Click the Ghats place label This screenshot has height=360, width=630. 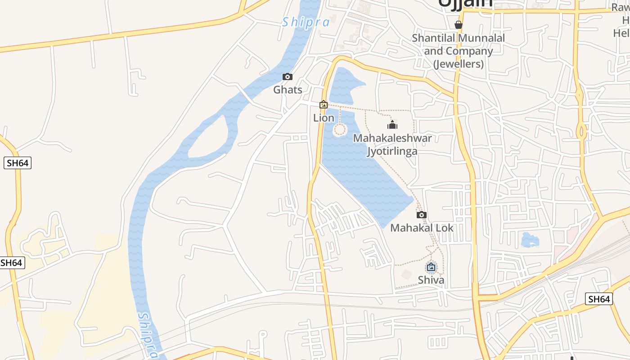pos(288,90)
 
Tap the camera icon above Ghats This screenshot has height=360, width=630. pos(288,77)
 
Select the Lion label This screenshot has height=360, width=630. pos(324,118)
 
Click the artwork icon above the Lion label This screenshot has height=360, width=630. pos(324,105)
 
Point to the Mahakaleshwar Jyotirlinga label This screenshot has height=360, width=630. pos(392,144)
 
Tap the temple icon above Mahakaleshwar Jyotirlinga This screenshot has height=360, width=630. pos(392,125)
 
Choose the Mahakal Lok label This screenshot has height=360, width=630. pos(422,228)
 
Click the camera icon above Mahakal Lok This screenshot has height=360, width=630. pos(422,215)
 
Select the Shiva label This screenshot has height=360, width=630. pos(431,280)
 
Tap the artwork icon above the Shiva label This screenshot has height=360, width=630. pos(431,267)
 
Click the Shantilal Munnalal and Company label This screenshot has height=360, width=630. pos(459,51)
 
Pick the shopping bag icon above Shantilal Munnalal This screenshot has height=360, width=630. pos(459,24)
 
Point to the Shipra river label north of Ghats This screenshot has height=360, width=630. pos(306,22)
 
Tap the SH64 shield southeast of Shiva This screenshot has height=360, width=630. pos(599,299)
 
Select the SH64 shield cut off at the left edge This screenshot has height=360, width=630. pos(12,263)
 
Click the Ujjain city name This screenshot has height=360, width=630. pos(465,4)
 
